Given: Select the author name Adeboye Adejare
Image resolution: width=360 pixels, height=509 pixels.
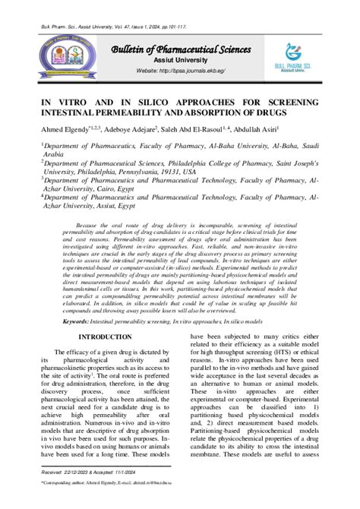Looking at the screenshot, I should point(132,129).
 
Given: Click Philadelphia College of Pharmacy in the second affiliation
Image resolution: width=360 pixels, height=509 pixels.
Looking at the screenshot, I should point(212,162).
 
